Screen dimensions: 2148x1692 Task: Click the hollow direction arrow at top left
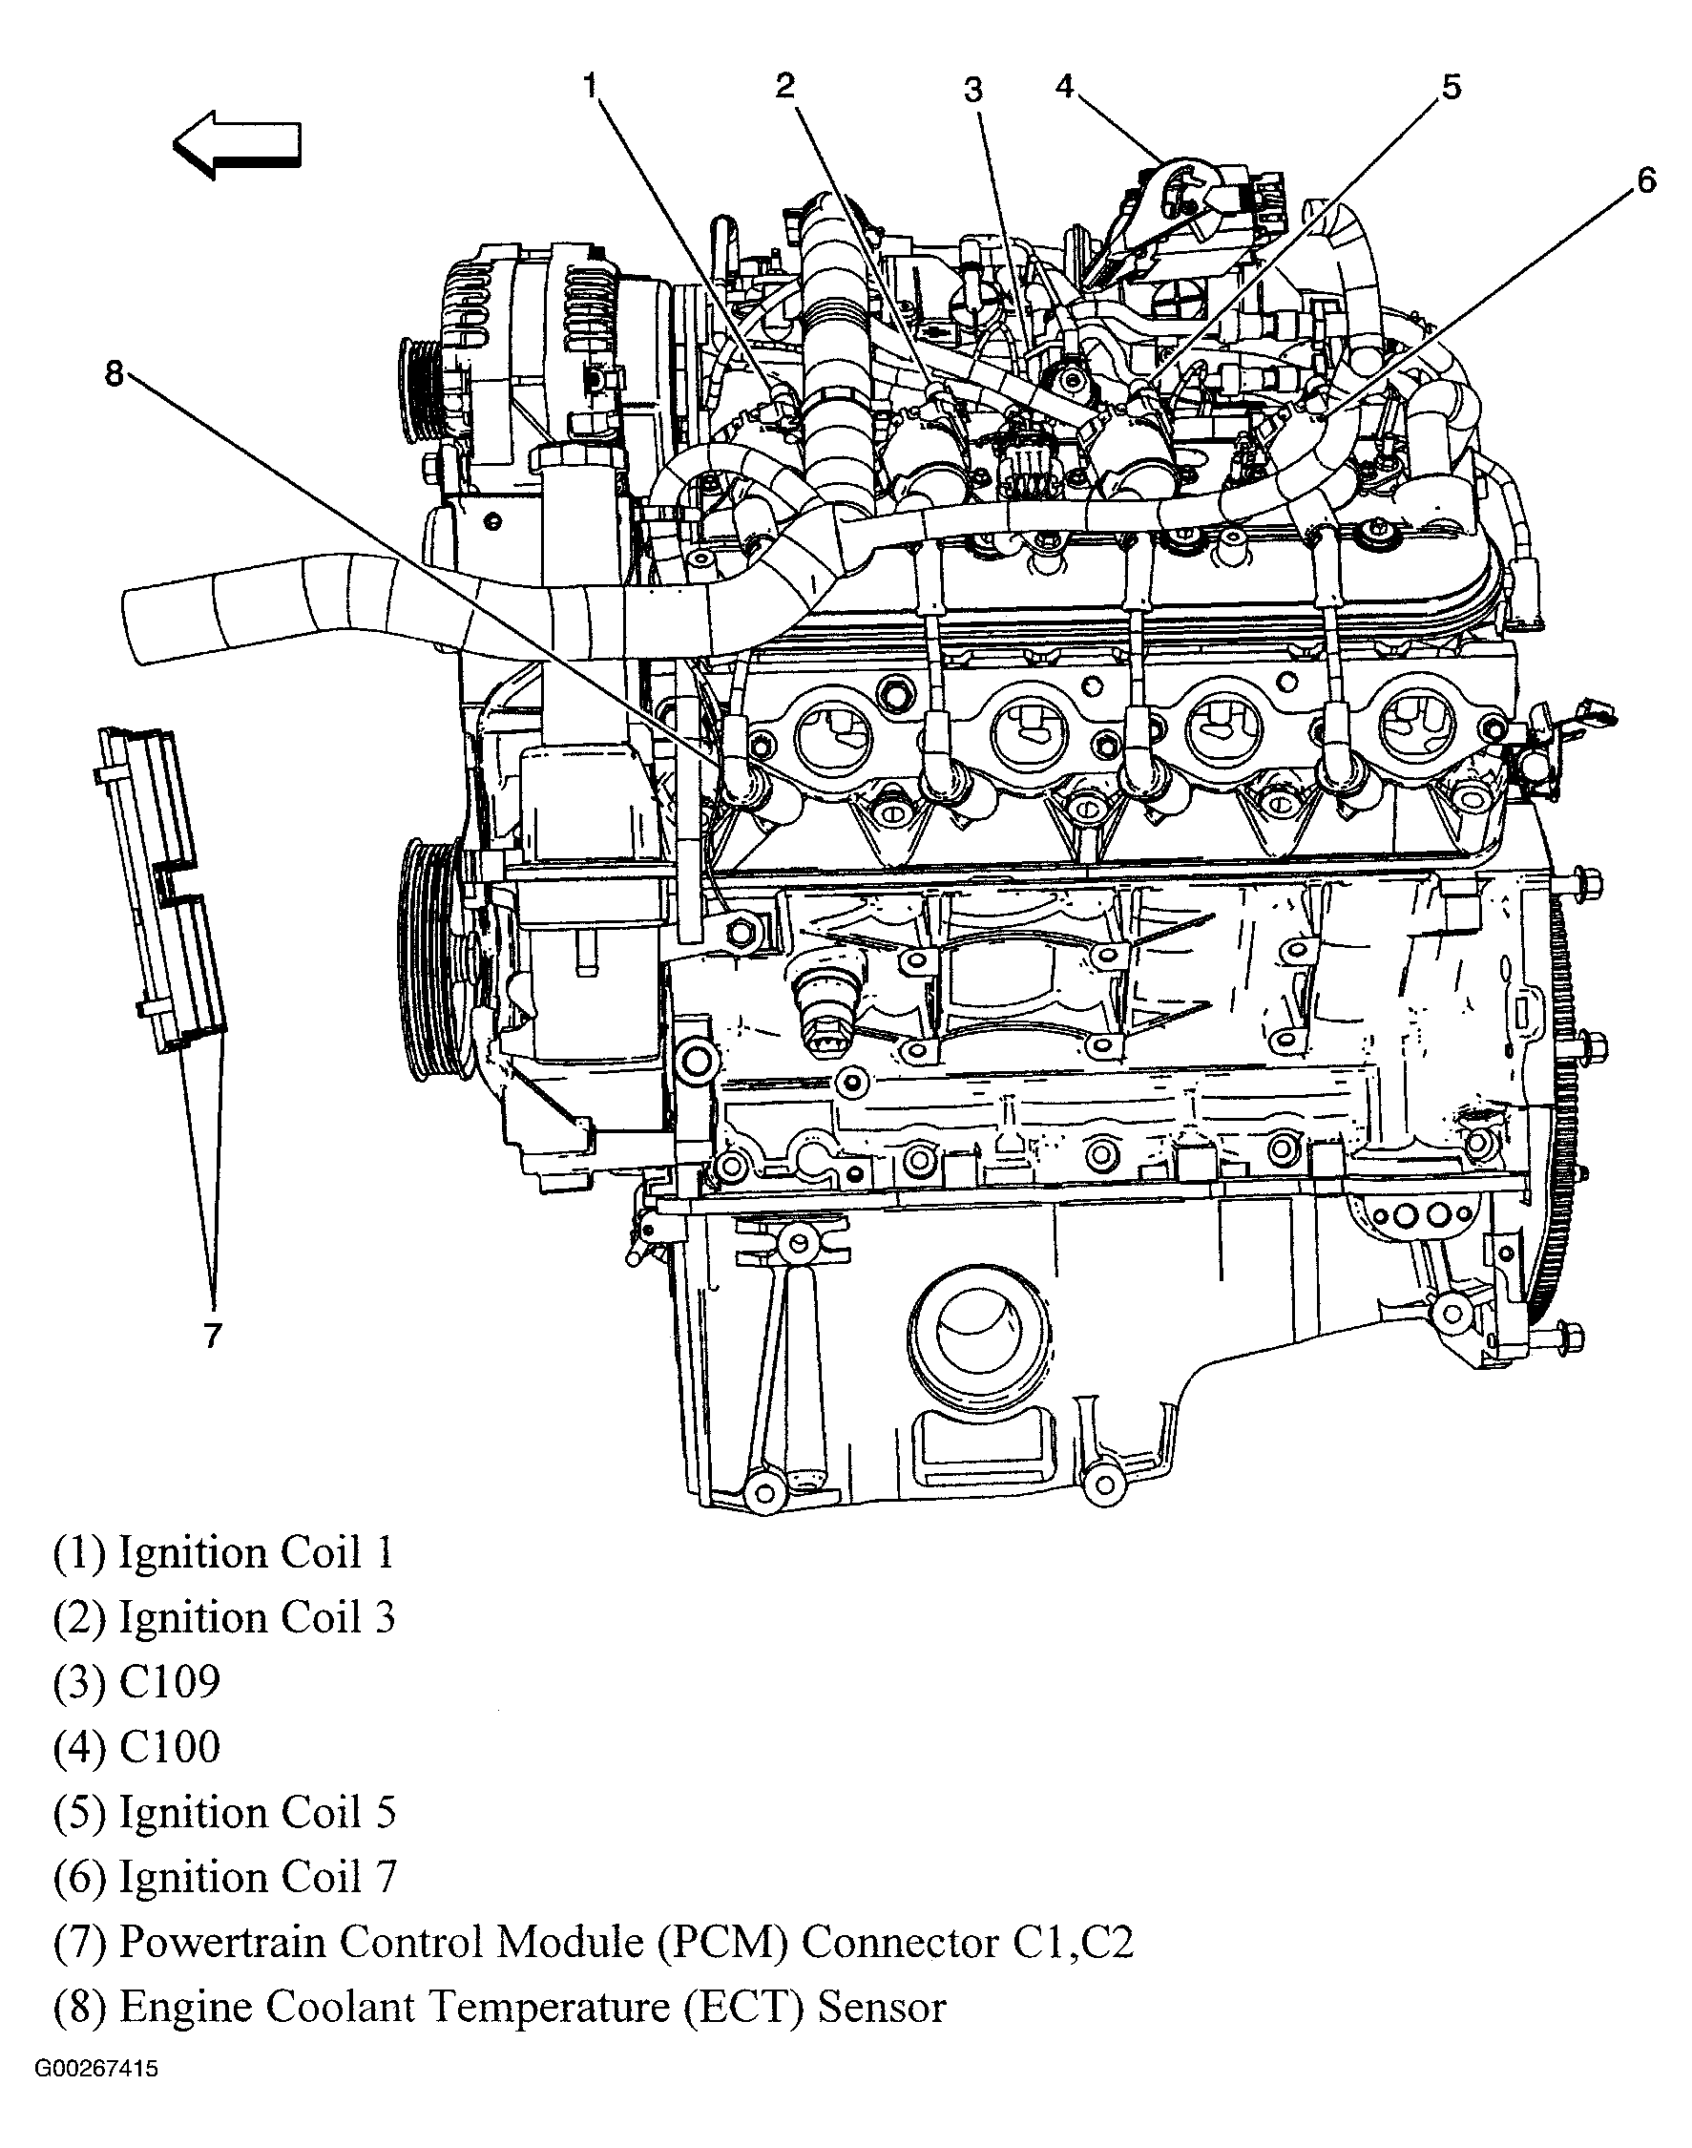tap(238, 145)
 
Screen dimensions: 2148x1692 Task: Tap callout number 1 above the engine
tap(592, 86)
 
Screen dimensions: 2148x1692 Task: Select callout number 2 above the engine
tap(785, 86)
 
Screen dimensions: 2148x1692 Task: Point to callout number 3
tap(973, 90)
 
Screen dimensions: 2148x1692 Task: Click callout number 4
tap(1065, 86)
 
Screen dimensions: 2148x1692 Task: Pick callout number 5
tap(1451, 87)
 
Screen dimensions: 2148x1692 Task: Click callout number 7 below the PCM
tap(213, 1335)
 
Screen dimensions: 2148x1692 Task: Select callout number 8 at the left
tap(115, 373)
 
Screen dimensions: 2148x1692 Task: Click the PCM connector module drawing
tap(163, 887)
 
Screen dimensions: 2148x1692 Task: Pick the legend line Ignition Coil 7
tap(257, 1877)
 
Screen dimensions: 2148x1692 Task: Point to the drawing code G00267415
tap(96, 2069)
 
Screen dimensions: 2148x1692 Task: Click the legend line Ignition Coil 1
tap(257, 1551)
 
